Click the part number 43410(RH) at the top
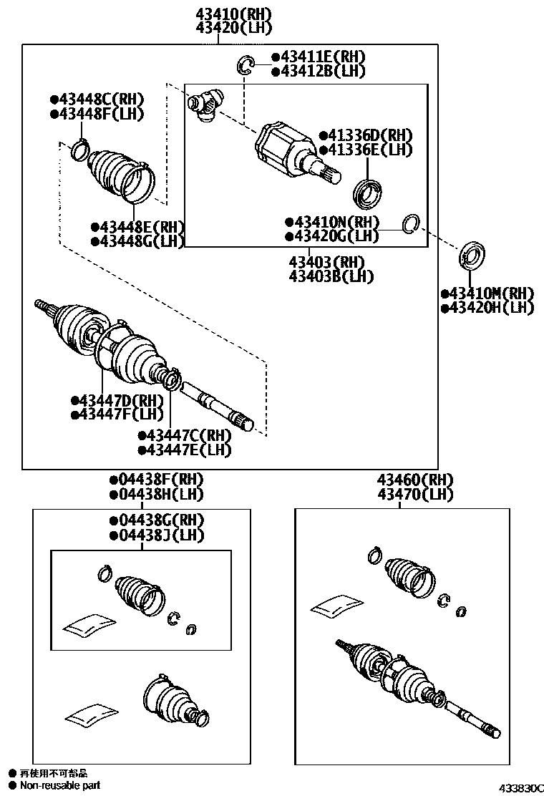[224, 14]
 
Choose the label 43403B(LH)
[331, 276]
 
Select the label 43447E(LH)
[188, 450]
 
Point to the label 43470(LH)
[416, 495]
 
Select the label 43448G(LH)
[141, 241]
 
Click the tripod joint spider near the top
[205, 105]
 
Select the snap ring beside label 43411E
[246, 66]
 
